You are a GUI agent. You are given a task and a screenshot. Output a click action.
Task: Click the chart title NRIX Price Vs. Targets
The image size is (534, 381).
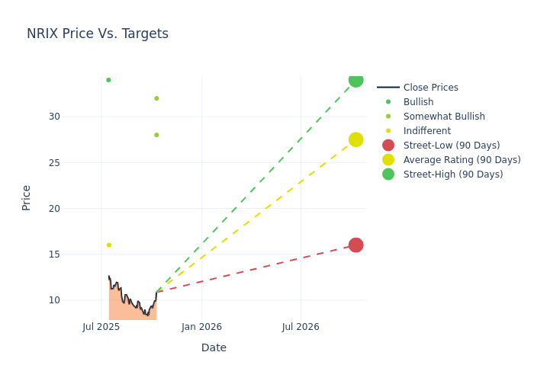tap(98, 34)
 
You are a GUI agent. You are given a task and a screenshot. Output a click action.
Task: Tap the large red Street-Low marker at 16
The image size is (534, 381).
tap(355, 245)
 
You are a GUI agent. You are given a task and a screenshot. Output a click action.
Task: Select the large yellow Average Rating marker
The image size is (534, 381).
tap(355, 139)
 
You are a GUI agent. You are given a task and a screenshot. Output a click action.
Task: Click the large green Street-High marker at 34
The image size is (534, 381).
tap(355, 80)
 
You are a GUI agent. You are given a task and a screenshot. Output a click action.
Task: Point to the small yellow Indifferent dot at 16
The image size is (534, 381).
tap(108, 245)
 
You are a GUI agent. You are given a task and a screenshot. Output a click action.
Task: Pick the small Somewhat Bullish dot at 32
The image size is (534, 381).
tap(156, 98)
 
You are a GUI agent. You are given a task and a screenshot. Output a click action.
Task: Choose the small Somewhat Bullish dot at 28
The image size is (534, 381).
tap(156, 135)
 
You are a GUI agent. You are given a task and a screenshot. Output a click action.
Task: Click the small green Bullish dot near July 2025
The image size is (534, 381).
tap(108, 80)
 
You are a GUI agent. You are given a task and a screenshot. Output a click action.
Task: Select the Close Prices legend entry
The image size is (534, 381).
tap(430, 88)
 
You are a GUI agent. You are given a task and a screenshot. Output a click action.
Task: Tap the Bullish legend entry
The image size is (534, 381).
tap(418, 102)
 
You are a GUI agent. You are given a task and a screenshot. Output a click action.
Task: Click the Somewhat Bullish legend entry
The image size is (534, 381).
tap(444, 117)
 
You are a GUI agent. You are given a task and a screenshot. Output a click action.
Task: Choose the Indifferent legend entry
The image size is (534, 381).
tap(426, 131)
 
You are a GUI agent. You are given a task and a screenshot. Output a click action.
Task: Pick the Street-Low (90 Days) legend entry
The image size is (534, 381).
tap(451, 146)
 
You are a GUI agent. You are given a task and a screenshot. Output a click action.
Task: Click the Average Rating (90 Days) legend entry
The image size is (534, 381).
tap(462, 160)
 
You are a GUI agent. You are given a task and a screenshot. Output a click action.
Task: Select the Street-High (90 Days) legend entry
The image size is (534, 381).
tap(452, 174)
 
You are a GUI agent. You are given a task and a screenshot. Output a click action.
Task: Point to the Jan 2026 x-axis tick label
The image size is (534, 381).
tap(201, 327)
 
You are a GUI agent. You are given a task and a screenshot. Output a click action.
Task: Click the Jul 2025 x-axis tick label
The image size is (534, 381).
tap(101, 327)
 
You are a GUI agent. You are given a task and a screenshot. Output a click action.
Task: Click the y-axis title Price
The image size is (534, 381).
tap(27, 197)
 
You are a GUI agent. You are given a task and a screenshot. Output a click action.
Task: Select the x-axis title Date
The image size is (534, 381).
tap(214, 347)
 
